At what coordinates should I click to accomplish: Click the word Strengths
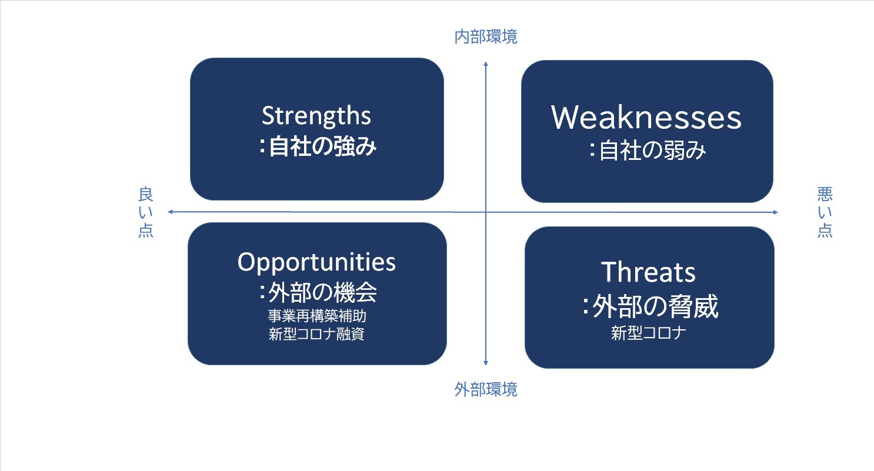(x=316, y=116)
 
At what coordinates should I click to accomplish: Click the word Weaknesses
(x=646, y=117)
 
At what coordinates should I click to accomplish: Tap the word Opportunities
(x=316, y=263)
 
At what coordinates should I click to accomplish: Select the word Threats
(x=648, y=272)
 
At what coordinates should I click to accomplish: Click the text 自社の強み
(x=323, y=146)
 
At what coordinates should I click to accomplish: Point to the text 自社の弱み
(x=652, y=150)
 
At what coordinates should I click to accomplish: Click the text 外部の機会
(x=323, y=293)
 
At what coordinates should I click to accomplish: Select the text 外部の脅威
(x=655, y=307)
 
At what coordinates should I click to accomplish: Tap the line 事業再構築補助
(x=317, y=316)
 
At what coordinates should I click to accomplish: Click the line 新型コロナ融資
(x=316, y=334)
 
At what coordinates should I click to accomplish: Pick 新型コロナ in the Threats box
(x=649, y=333)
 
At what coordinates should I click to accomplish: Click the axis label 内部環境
(x=486, y=36)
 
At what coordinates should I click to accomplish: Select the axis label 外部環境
(x=486, y=389)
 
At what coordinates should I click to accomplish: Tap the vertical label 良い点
(x=146, y=212)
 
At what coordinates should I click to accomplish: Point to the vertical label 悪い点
(x=825, y=212)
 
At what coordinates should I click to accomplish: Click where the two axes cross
(x=486, y=212)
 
